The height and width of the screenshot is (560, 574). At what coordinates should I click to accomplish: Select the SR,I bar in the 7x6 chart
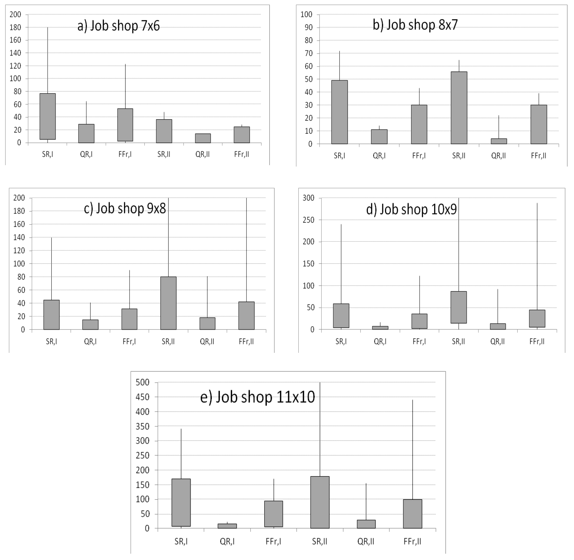48,117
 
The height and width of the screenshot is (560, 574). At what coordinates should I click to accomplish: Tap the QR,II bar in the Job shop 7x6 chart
203,138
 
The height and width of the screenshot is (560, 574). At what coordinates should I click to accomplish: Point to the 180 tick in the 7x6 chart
15,27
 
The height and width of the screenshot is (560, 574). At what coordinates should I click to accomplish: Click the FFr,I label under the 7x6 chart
125,154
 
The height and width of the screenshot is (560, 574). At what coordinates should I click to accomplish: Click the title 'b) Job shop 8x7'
415,25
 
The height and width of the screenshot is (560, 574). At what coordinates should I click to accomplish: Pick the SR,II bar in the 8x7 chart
459,108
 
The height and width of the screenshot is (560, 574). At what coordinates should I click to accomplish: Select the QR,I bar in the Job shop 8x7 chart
379,137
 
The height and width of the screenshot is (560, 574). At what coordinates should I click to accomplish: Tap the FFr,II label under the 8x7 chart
538,156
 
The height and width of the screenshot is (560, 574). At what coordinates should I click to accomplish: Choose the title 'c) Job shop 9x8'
125,208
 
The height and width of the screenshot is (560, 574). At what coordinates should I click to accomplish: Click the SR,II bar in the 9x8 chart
168,303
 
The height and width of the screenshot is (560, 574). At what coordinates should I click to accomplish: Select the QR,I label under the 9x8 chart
90,342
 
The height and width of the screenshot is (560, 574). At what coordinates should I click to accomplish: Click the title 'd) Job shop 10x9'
411,209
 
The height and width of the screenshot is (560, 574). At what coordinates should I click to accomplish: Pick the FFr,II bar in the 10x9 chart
537,319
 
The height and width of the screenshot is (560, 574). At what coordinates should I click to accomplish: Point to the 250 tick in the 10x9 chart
308,220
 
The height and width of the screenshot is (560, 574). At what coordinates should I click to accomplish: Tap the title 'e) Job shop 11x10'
258,397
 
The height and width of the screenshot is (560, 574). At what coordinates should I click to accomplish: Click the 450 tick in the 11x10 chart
142,397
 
